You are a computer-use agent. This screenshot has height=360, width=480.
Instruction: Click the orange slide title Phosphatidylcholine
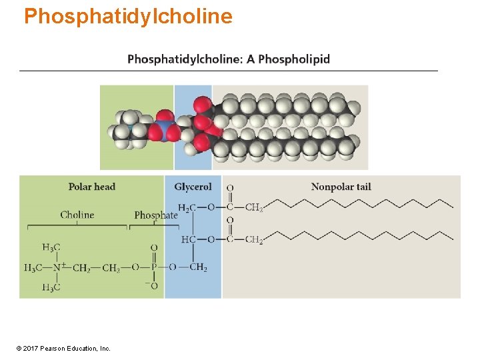pos(128,16)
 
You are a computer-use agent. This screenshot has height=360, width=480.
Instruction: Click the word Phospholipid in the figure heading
pos(293,59)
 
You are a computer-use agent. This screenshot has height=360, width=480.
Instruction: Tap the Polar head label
pos(92,187)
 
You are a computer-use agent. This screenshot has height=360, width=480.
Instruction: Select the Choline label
pos(77,215)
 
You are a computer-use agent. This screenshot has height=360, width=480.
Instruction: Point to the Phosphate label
pos(156,215)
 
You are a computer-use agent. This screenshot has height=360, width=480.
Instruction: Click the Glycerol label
pos(193,187)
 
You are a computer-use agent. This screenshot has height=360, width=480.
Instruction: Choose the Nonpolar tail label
pos(341,187)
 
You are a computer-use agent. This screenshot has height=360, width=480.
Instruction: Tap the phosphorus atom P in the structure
pos(154,268)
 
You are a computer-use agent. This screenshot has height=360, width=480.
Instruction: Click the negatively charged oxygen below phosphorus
pos(153,286)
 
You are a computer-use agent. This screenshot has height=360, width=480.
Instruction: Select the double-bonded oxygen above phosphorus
pos(154,248)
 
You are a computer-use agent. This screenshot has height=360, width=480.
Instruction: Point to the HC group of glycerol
pos(188,239)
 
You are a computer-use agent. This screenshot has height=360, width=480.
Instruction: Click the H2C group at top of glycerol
pos(187,207)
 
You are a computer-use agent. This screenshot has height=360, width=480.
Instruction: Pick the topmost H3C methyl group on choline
pos(51,247)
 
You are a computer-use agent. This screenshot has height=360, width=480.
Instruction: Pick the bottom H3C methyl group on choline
pos(51,287)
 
